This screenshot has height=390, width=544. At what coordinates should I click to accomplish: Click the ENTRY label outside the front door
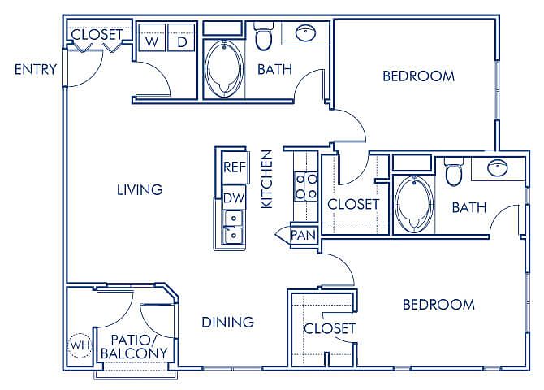tap(36, 69)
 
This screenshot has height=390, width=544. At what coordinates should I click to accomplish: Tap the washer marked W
tap(152, 38)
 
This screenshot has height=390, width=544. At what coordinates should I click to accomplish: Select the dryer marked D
tap(181, 38)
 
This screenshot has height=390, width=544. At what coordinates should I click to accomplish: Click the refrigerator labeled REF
tap(235, 167)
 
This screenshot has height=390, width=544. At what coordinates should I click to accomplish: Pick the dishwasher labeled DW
tap(234, 198)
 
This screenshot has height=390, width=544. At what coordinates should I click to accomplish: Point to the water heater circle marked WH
tap(80, 345)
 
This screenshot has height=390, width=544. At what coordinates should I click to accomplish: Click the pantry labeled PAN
tap(303, 235)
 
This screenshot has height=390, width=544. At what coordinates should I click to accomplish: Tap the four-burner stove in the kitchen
tap(305, 187)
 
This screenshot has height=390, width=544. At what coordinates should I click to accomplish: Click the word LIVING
tap(140, 190)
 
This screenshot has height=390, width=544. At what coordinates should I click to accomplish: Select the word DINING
tap(227, 323)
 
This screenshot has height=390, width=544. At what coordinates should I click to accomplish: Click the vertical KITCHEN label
tap(267, 180)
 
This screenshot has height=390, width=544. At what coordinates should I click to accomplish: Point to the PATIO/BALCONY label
tap(134, 347)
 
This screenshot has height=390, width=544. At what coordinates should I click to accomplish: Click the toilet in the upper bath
tap(263, 37)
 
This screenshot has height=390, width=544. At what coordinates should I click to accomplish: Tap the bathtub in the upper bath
tap(224, 69)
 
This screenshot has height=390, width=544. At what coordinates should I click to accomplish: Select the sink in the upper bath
tap(305, 33)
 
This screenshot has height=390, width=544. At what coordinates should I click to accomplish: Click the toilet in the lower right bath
tap(453, 172)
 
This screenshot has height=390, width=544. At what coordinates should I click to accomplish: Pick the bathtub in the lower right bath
tap(414, 204)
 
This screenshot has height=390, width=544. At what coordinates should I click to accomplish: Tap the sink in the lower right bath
tap(497, 168)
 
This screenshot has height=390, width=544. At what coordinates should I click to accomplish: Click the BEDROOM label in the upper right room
tap(418, 76)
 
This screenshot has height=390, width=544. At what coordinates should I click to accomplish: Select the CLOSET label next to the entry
tap(97, 34)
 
